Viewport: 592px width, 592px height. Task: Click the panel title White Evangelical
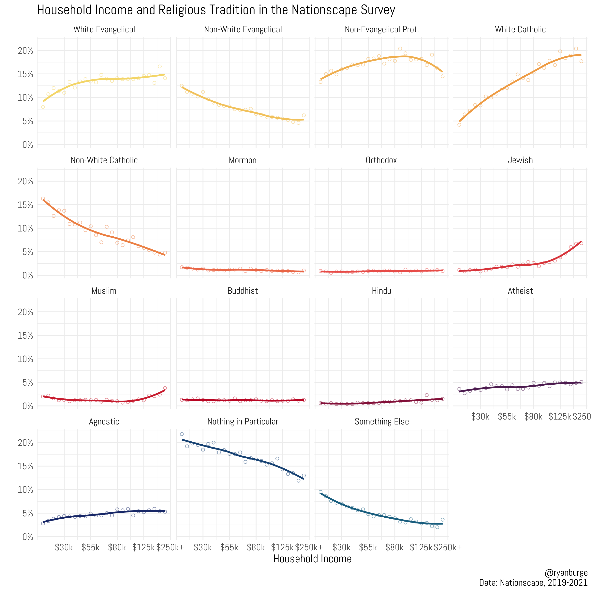pos(104,29)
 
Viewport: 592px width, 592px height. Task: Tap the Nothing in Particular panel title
pos(243,422)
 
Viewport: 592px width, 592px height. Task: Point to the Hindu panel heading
pos(381,291)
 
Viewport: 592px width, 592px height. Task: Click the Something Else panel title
pos(381,422)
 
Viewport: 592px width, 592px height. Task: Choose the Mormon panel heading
pos(243,160)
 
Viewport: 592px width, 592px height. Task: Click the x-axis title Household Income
pos(312,559)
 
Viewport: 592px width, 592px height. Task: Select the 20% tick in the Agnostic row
pos(25,443)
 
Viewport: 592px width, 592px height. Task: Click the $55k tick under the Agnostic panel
pos(90,547)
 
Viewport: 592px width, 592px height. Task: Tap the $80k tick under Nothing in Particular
pos(256,547)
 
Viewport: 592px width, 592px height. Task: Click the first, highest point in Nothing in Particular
pos(182,434)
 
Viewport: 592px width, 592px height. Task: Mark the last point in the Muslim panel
pos(165,388)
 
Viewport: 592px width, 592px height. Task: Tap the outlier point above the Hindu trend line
pos(426,395)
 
